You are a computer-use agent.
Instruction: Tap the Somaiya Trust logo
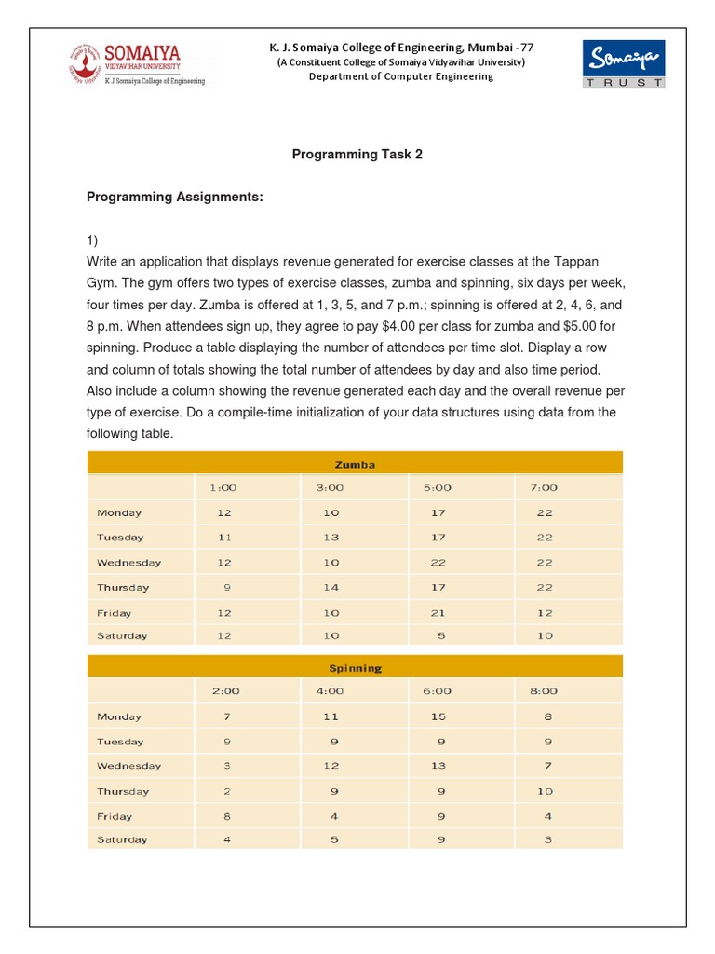pyautogui.click(x=623, y=63)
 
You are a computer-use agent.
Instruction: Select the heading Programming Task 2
pyautogui.click(x=357, y=155)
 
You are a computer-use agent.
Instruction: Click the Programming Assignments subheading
pyautogui.click(x=175, y=198)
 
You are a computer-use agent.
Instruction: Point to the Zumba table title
pyautogui.click(x=355, y=463)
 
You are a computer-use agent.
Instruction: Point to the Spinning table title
pyautogui.click(x=355, y=668)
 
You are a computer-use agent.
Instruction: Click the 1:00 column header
pyautogui.click(x=224, y=487)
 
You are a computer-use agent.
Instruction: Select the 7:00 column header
pyautogui.click(x=544, y=487)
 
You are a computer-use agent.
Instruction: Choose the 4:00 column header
pyautogui.click(x=331, y=691)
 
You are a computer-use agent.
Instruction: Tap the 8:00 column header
pyautogui.click(x=544, y=691)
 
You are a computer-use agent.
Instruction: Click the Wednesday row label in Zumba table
pyautogui.click(x=128, y=563)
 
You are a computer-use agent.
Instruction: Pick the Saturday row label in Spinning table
pyautogui.click(x=122, y=839)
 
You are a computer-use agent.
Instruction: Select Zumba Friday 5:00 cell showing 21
pyautogui.click(x=438, y=613)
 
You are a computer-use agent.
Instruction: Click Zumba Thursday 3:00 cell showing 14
pyautogui.click(x=331, y=588)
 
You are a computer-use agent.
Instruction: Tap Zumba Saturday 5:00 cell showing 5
pyautogui.click(x=438, y=636)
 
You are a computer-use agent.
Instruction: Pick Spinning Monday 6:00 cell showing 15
pyautogui.click(x=438, y=716)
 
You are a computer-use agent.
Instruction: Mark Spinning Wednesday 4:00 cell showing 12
pyautogui.click(x=331, y=766)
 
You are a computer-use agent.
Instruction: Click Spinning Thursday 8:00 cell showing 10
pyautogui.click(x=545, y=791)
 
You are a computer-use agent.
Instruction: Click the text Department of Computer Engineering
pyautogui.click(x=400, y=76)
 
